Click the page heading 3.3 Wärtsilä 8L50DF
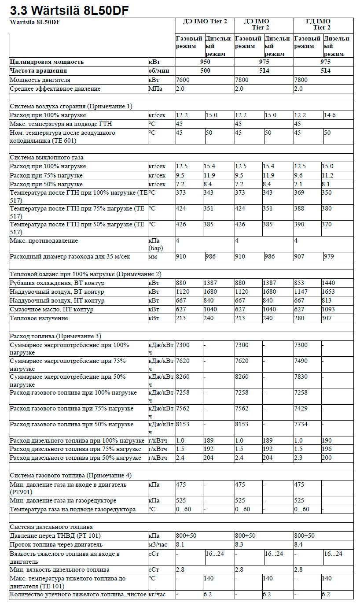click(70, 11)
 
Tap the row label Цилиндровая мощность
click(47, 62)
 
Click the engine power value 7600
click(183, 80)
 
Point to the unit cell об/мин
click(159, 71)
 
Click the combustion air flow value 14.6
click(330, 115)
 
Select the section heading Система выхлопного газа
click(47, 157)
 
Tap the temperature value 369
click(299, 192)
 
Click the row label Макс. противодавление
click(44, 241)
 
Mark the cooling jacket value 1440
click(328, 283)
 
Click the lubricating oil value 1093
click(328, 309)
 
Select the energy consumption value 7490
click(301, 361)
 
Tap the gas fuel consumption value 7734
click(301, 424)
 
